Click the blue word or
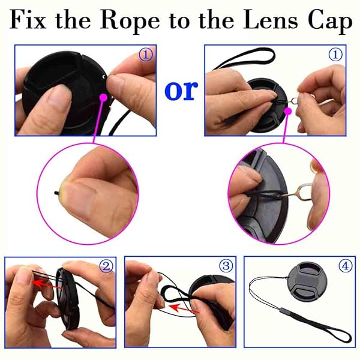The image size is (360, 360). (x=181, y=89)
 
